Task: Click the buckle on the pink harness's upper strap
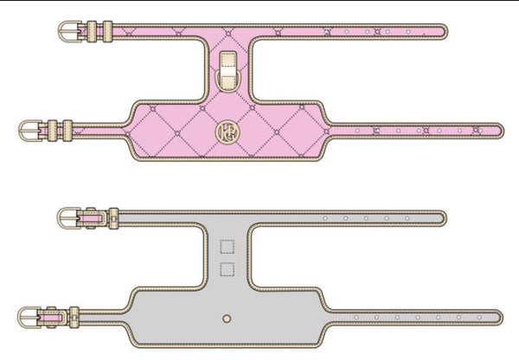tap(70, 33)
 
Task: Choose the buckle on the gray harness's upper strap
tap(70, 217)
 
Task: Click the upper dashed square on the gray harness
tap(227, 247)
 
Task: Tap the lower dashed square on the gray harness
tap(227, 269)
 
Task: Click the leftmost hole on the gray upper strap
tap(324, 217)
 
